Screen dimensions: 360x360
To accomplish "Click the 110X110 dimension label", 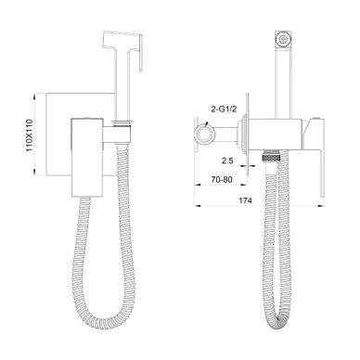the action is (x=30, y=135).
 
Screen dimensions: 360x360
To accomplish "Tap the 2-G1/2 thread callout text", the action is (x=224, y=109).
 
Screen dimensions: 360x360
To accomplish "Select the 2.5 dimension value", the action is (x=227, y=161).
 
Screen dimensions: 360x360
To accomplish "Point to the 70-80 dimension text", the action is (x=222, y=179).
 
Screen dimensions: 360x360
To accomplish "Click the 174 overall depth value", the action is (x=246, y=200).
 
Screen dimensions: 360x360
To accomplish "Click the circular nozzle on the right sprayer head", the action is (x=282, y=39).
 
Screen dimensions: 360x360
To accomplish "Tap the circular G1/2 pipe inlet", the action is (x=203, y=135).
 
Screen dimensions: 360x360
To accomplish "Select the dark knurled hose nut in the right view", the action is (x=272, y=156).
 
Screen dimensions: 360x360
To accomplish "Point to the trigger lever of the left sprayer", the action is (x=141, y=53).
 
